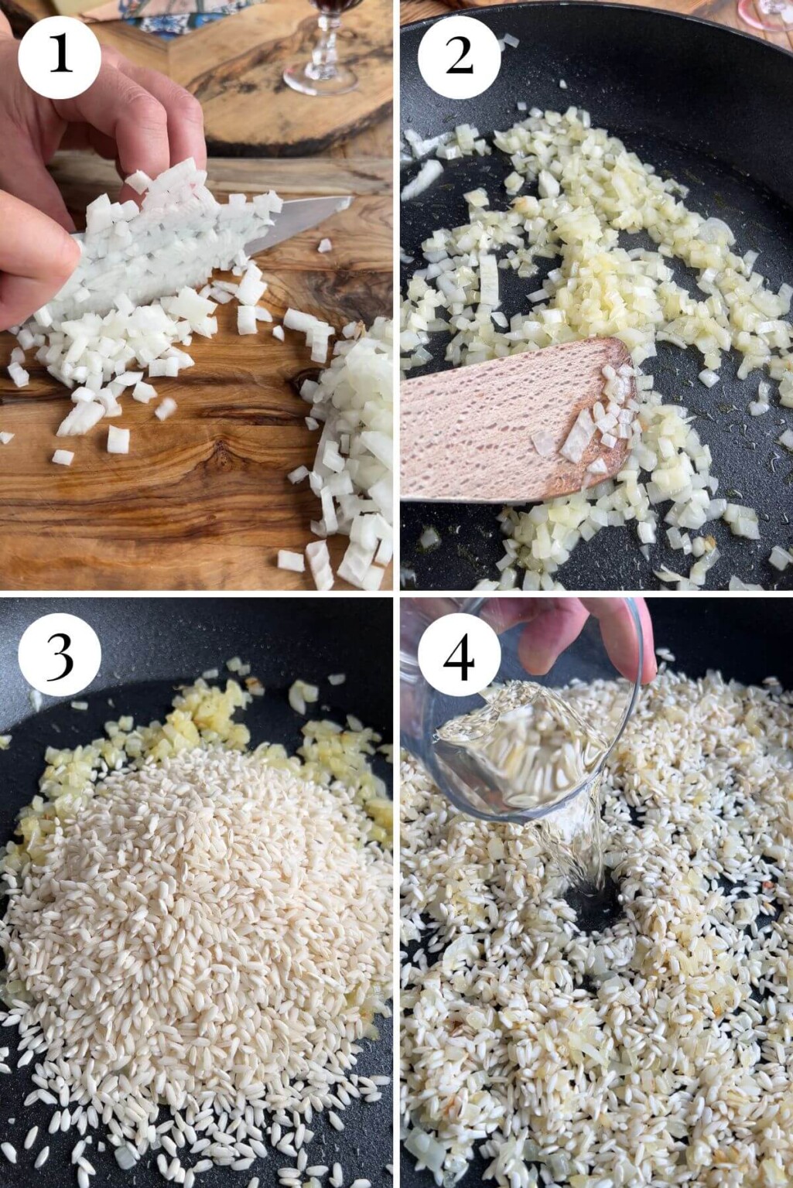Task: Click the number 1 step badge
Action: pos(60,56)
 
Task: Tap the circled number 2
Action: pos(459,56)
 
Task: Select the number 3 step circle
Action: pos(60,654)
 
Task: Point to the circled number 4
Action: pos(459,654)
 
